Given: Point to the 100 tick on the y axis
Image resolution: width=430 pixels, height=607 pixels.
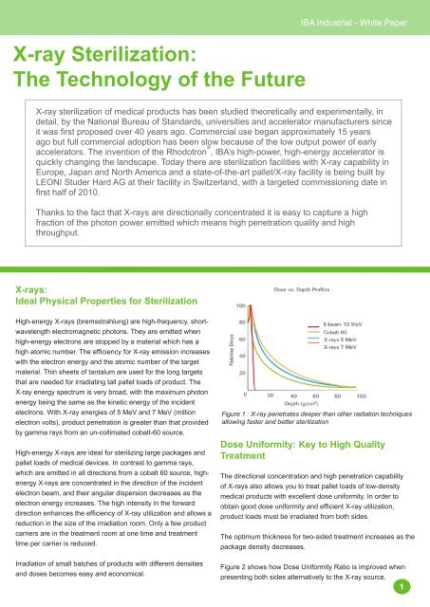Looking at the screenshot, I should pos(242,306).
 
